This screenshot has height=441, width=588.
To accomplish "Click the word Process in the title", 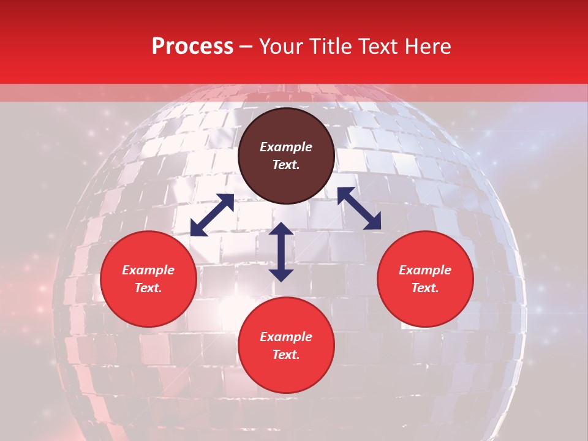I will pyautogui.click(x=192, y=47).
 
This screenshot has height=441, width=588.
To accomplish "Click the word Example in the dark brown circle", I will pyautogui.click(x=286, y=147).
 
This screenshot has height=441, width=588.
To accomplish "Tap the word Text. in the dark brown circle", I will pyautogui.click(x=286, y=165).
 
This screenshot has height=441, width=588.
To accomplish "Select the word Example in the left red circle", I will pyautogui.click(x=148, y=270).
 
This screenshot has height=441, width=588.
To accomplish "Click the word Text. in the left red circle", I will pyautogui.click(x=148, y=288).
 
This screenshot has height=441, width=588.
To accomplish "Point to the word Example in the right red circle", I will pyautogui.click(x=425, y=270).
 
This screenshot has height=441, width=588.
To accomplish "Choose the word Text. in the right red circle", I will pyautogui.click(x=425, y=288).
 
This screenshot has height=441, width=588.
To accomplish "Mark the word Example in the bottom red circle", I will pyautogui.click(x=286, y=337).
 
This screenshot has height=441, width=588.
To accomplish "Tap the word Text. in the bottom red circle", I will pyautogui.click(x=286, y=355).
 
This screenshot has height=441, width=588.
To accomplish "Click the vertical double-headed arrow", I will pyautogui.click(x=281, y=252).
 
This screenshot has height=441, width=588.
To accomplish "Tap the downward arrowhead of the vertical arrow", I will pyautogui.click(x=281, y=275).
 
